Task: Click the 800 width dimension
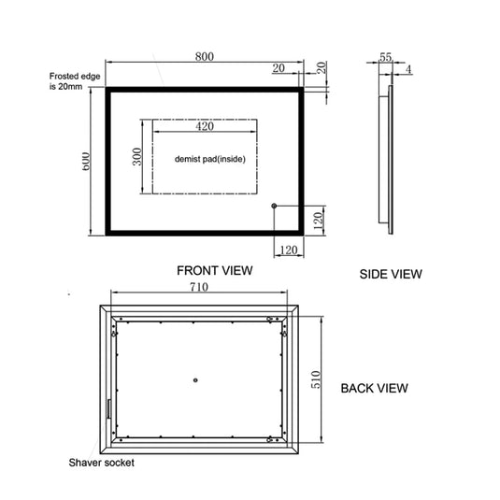[204, 56]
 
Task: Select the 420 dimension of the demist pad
[206, 127]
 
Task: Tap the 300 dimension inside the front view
[137, 156]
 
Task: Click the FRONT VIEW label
[215, 271]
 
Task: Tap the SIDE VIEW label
[391, 274]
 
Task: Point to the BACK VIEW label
[373, 387]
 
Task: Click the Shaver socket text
[100, 463]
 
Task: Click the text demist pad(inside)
[209, 159]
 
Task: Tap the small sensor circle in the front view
[274, 206]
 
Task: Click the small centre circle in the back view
[195, 379]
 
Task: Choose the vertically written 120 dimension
[318, 221]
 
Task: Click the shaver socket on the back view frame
[108, 410]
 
